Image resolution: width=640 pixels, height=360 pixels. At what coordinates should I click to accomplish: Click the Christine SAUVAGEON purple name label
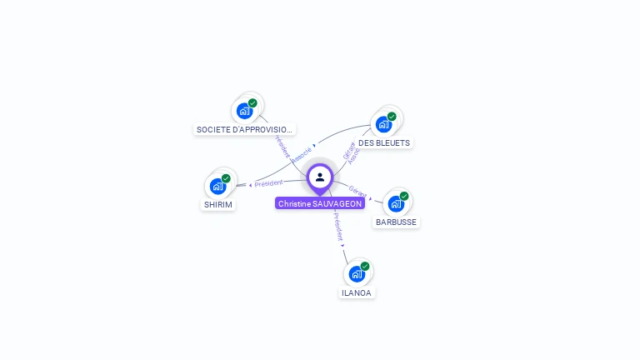tap(320, 203)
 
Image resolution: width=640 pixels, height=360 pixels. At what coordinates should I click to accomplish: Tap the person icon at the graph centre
tap(320, 177)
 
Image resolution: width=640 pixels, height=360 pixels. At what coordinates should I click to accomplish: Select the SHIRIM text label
tap(218, 204)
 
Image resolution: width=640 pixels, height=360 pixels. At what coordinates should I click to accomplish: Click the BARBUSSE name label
tap(396, 222)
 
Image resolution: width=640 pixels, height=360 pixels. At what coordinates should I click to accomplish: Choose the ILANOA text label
tap(357, 292)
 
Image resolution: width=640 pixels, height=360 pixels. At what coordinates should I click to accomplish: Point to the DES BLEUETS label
tap(384, 142)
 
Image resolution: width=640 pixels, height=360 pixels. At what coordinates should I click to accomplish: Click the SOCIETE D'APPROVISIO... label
tap(244, 129)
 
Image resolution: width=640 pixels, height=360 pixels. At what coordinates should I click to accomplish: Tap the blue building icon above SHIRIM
tap(217, 186)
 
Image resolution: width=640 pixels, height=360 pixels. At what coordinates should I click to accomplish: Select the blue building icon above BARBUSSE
tap(396, 203)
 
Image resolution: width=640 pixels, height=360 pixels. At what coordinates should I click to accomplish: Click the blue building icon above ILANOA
tap(357, 274)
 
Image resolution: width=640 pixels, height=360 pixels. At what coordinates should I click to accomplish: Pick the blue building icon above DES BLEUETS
tap(383, 124)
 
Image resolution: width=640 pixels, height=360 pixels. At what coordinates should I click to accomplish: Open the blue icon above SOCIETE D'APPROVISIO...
tap(244, 111)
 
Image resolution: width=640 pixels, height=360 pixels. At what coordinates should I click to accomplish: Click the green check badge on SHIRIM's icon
tap(226, 178)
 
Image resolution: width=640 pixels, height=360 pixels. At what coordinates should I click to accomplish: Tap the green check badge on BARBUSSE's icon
tap(404, 196)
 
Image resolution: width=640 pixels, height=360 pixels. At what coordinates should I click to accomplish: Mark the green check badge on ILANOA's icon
tap(365, 267)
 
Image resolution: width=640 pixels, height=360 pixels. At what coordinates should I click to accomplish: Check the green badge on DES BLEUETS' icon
tap(392, 117)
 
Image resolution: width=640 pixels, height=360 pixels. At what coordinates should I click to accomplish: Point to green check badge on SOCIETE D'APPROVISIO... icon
tap(252, 103)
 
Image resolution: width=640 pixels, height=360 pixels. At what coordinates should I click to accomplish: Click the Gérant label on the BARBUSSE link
tap(357, 192)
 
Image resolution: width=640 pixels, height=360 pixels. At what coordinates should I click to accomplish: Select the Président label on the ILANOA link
tap(337, 227)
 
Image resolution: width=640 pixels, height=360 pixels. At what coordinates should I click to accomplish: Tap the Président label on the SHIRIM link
tap(268, 182)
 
